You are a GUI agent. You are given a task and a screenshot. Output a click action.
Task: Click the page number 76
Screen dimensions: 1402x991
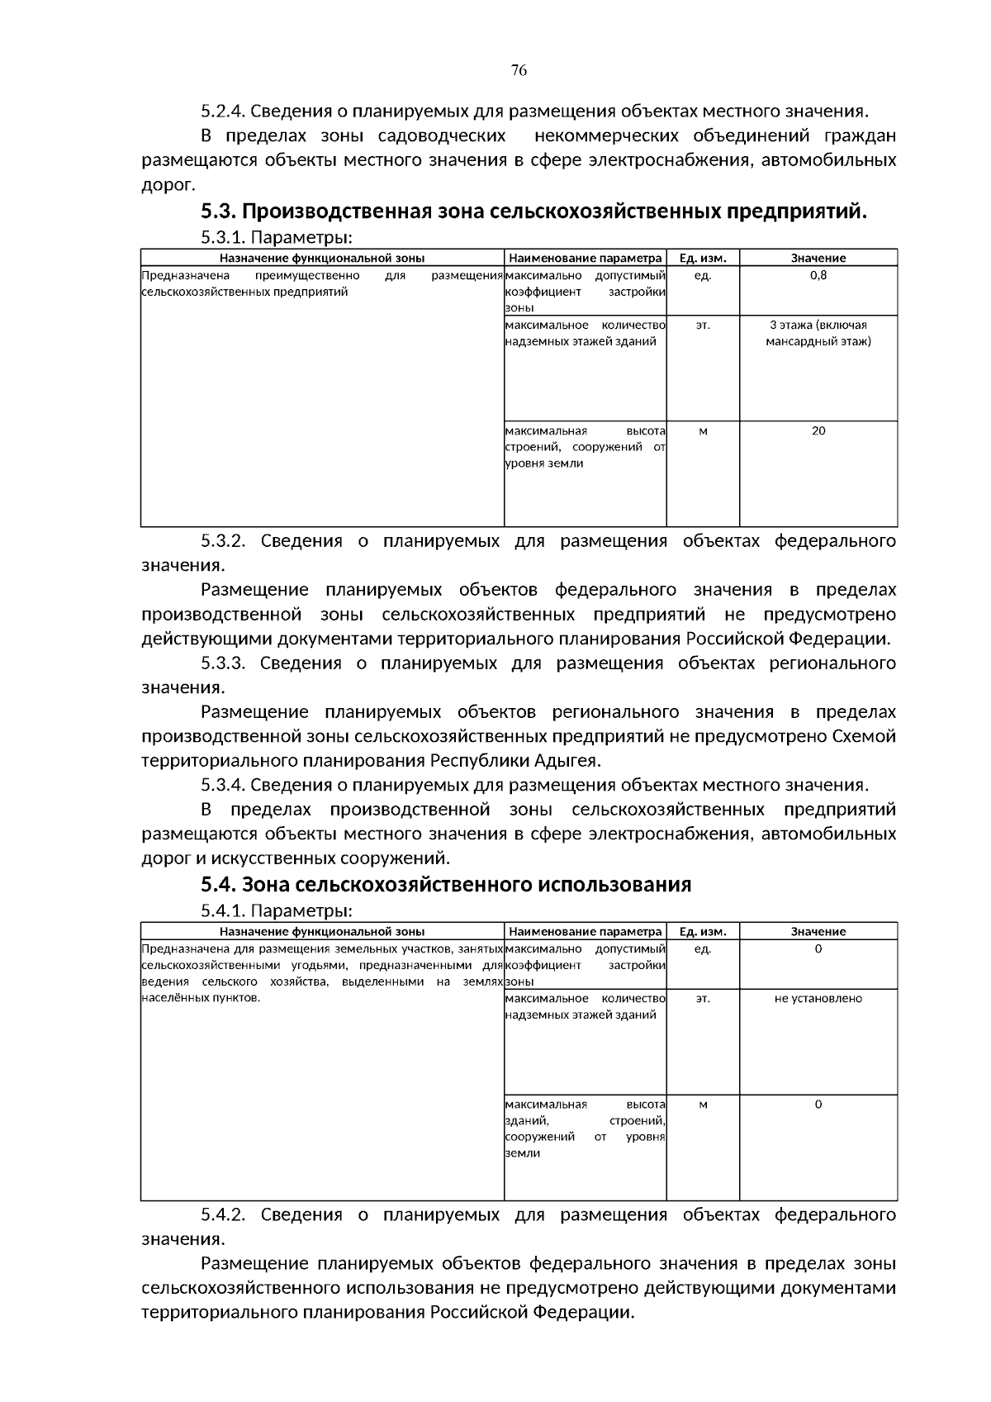coord(519,70)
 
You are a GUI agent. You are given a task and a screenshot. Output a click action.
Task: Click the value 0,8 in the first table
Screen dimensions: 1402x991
coord(818,275)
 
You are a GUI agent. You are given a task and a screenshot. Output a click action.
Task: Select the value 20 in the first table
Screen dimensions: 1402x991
coord(818,430)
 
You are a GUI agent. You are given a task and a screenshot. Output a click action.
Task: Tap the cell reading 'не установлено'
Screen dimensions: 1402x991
coord(818,998)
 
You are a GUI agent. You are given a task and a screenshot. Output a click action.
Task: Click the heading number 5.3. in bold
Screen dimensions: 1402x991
coord(218,211)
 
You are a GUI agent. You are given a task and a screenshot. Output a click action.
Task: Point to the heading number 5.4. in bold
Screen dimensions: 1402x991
coord(218,885)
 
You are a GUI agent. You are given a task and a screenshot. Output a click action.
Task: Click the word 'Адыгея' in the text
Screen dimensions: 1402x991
coord(571,760)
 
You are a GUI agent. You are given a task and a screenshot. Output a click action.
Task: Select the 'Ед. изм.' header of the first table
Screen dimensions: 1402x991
coord(702,258)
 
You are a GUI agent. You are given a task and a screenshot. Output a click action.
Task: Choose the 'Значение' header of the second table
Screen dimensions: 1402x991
coord(818,931)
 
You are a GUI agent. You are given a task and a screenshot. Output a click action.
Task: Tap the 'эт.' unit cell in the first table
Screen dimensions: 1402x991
coord(702,325)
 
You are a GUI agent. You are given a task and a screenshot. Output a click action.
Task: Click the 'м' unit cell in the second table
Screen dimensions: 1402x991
coord(702,1104)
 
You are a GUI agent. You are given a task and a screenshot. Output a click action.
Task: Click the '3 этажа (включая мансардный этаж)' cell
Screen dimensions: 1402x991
coord(818,333)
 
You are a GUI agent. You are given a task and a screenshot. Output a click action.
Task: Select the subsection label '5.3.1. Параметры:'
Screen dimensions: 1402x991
coord(277,238)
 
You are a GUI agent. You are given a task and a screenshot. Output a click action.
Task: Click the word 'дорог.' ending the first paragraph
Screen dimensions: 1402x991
coord(168,184)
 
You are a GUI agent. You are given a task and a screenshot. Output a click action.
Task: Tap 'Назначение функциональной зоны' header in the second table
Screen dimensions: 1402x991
coord(322,931)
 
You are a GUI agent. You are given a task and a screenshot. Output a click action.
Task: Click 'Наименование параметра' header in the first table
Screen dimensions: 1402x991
coord(585,258)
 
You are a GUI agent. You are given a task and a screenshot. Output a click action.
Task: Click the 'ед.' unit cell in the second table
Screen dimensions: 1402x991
coord(702,948)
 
